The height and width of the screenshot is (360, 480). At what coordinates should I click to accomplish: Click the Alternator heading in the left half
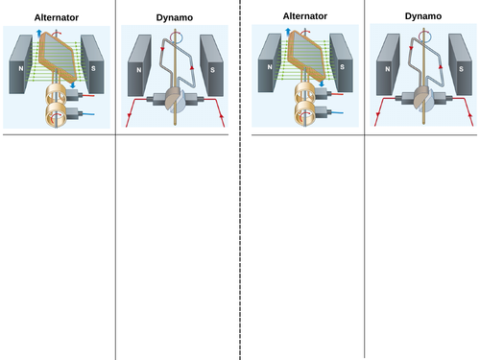pyautogui.click(x=57, y=17)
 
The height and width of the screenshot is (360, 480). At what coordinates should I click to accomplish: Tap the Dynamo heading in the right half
pyautogui.click(x=423, y=16)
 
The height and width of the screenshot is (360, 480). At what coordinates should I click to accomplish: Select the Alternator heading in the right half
pyautogui.click(x=305, y=16)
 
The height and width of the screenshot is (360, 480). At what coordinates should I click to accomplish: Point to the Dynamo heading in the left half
pyautogui.click(x=175, y=17)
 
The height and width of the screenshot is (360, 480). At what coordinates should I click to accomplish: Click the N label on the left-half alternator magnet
pyautogui.click(x=21, y=68)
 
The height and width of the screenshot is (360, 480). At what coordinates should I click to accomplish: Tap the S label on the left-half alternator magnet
pyautogui.click(x=93, y=68)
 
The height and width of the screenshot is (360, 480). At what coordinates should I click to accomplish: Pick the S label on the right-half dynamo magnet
pyautogui.click(x=461, y=69)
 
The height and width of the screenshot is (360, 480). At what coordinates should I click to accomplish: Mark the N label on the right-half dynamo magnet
pyautogui.click(x=388, y=69)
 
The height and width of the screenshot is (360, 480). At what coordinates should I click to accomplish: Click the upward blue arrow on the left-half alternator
pyautogui.click(x=39, y=33)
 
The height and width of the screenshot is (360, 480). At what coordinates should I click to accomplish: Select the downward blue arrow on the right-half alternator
pyautogui.click(x=322, y=84)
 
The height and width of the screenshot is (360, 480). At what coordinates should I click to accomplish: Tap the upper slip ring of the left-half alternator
pyautogui.click(x=56, y=94)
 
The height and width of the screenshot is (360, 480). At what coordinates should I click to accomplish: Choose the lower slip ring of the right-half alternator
pyautogui.click(x=304, y=113)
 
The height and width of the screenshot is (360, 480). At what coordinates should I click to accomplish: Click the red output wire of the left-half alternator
pyautogui.click(x=88, y=95)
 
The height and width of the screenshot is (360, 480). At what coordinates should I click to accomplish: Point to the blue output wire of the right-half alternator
pyautogui.click(x=337, y=112)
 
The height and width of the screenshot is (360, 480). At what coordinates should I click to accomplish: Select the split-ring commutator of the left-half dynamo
pyautogui.click(x=175, y=100)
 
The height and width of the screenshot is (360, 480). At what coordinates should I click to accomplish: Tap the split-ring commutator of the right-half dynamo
pyautogui.click(x=423, y=99)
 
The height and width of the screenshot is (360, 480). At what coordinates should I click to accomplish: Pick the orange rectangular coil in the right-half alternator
pyautogui.click(x=306, y=57)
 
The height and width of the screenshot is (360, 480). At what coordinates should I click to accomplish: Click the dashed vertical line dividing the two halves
pyautogui.click(x=240, y=180)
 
